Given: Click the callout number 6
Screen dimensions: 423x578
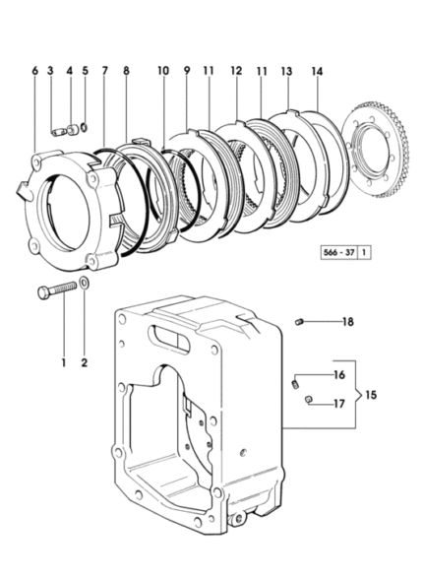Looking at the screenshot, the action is coord(35,70).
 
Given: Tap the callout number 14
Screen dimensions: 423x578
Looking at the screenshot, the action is coord(317,71).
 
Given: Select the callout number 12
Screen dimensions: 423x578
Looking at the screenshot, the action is coord(236,71).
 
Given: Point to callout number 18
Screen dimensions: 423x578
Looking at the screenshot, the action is coord(348,322).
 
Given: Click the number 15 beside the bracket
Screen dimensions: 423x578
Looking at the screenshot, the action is coord(371,395).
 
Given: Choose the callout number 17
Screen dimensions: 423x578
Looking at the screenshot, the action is coord(339,404).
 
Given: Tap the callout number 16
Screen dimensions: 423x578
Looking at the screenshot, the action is coord(339,375).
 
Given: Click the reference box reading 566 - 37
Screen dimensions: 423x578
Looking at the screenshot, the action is coord(339,252).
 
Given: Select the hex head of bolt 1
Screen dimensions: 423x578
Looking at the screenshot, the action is coord(44,293).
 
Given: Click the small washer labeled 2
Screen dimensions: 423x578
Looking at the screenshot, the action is coord(84,285).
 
